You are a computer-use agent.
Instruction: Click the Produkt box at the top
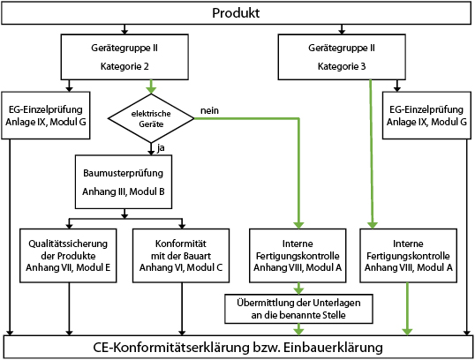pos(236,13)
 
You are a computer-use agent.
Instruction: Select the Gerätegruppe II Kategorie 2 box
pos(124,57)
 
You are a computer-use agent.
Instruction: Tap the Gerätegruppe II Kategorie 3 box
pos(342,57)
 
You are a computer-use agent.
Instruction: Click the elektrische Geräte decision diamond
pos(151,118)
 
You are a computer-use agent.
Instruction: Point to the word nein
pos(209,110)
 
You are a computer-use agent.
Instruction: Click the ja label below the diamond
pos(161,148)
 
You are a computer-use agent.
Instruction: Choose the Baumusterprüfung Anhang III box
pos(124,182)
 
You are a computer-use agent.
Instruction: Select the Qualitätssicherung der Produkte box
pos(68,256)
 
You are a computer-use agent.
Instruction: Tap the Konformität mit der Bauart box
pos(181,256)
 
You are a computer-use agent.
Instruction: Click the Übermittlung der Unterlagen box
pos(298,309)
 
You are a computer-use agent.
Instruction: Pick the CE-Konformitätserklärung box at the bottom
pos(237,347)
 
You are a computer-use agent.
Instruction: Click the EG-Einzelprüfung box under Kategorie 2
pos(46,116)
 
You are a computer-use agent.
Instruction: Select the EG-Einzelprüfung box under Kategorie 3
pos(426,116)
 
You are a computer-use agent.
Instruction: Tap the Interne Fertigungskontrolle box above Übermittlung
pos(298,256)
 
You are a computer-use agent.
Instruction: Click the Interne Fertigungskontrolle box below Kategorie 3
pos(409,256)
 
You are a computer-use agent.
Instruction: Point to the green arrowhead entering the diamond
pos(151,90)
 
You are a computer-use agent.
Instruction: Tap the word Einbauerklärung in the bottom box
pos(333,347)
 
